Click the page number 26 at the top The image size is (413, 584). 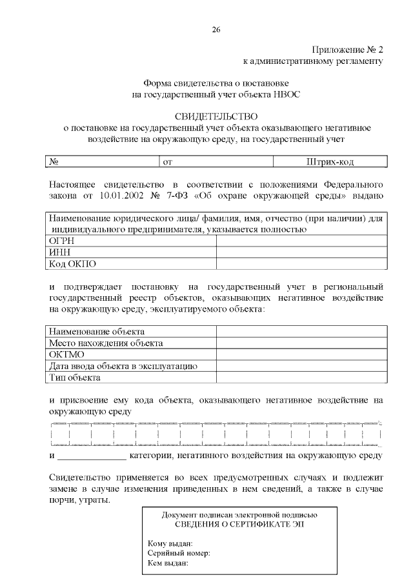click(216, 29)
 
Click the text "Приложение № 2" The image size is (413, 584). click(348, 50)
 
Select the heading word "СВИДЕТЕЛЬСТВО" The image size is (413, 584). click(216, 116)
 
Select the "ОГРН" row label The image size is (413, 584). click(63, 240)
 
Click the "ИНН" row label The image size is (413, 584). click(59, 252)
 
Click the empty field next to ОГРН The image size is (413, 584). click(301, 240)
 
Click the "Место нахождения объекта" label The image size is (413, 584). click(106, 343)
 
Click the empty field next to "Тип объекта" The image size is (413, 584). click(301, 378)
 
